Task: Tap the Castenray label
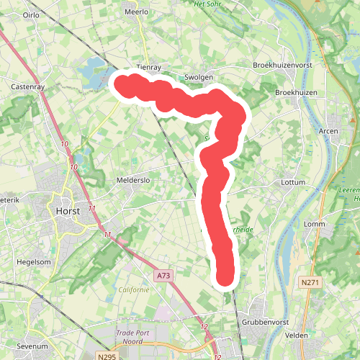[x=29, y=86]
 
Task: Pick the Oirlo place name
[x=31, y=14]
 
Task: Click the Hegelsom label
[x=35, y=262]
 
